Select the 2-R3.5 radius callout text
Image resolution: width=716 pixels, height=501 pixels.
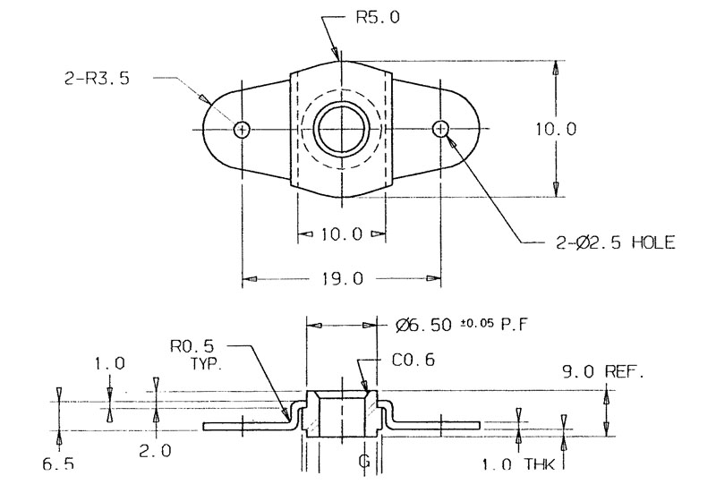(x=97, y=79)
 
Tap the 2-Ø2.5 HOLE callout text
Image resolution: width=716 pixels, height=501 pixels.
(x=612, y=242)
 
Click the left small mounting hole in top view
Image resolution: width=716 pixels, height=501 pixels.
(x=242, y=130)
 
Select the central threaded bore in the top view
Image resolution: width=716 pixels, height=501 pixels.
(x=342, y=130)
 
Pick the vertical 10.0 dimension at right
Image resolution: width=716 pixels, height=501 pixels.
(x=556, y=129)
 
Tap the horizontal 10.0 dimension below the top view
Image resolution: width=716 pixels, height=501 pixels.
(x=341, y=234)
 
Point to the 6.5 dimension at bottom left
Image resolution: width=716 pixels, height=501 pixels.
(x=58, y=464)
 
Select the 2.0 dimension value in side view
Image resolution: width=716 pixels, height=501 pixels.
(x=155, y=452)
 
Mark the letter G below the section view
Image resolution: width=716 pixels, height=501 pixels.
(x=364, y=462)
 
